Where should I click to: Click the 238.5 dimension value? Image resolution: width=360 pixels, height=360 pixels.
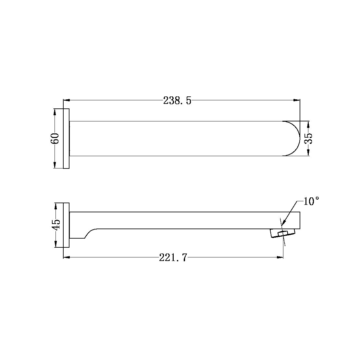[x=177, y=101]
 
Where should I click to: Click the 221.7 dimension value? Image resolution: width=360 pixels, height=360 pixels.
[x=173, y=258]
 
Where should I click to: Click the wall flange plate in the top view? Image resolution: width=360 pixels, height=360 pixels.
[x=66, y=139]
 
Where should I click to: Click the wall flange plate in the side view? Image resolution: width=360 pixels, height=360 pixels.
[x=66, y=225]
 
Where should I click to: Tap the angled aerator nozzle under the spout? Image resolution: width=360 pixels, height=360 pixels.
[x=283, y=233]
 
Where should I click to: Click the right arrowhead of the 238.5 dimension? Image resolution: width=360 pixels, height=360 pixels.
[x=297, y=101]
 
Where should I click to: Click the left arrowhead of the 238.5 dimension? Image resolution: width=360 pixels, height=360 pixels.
[x=66, y=101]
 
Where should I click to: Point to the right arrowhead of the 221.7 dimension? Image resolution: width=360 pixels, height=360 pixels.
[x=280, y=257]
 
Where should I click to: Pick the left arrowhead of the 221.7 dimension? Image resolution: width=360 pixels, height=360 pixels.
[x=66, y=257]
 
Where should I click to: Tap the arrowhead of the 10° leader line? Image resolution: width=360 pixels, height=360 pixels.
[x=283, y=223]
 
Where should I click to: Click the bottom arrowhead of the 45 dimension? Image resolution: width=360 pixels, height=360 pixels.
[x=56, y=244]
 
